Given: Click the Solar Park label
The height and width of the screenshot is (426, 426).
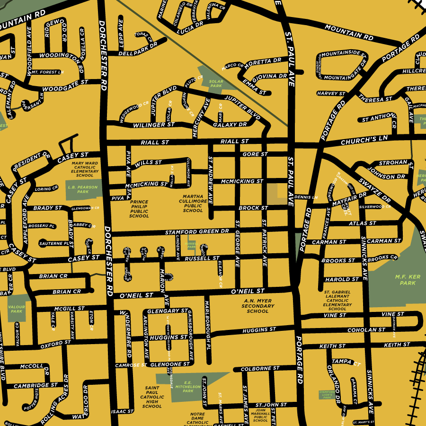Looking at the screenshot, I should click(x=216, y=83).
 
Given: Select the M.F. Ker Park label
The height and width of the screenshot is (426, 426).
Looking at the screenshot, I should click(x=405, y=280).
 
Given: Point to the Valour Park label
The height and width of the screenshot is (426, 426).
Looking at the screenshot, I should click(x=17, y=309).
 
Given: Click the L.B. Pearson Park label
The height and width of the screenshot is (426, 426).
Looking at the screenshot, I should click(x=78, y=189).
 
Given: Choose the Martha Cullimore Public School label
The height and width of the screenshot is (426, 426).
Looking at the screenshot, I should click(x=193, y=203).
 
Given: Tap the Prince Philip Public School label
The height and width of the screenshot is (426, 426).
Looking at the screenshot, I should click(x=139, y=209).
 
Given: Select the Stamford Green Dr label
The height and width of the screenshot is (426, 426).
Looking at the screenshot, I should click(x=197, y=232).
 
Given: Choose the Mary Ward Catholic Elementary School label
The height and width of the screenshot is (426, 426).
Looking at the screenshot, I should click(x=85, y=169).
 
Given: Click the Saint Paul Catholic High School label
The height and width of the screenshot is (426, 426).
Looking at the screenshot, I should click(x=152, y=397).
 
